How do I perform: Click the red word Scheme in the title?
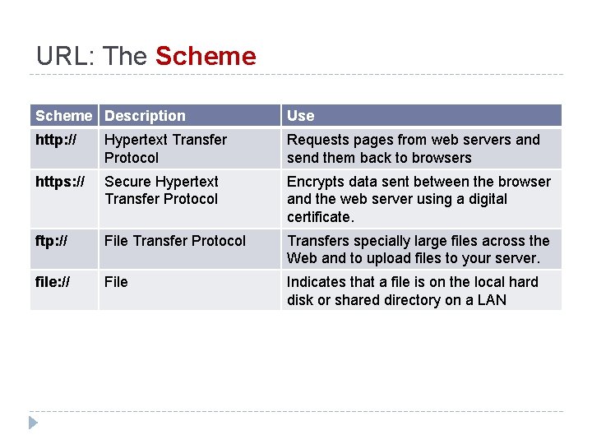click(x=206, y=56)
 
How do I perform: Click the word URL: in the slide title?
click(x=66, y=56)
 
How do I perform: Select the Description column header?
click(x=145, y=116)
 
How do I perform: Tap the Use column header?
click(x=300, y=116)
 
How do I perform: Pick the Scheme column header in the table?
click(x=64, y=116)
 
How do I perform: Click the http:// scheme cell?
click(x=56, y=140)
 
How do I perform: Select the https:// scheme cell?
click(x=60, y=181)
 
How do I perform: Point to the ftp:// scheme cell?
click(x=52, y=241)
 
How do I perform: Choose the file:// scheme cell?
click(x=53, y=282)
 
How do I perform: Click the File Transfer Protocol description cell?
click(x=175, y=241)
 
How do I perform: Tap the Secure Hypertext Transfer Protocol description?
click(x=161, y=190)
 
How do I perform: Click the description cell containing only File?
click(x=116, y=282)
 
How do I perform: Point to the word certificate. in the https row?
click(x=320, y=217)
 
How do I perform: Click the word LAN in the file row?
click(x=491, y=300)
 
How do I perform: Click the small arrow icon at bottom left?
click(x=33, y=423)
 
